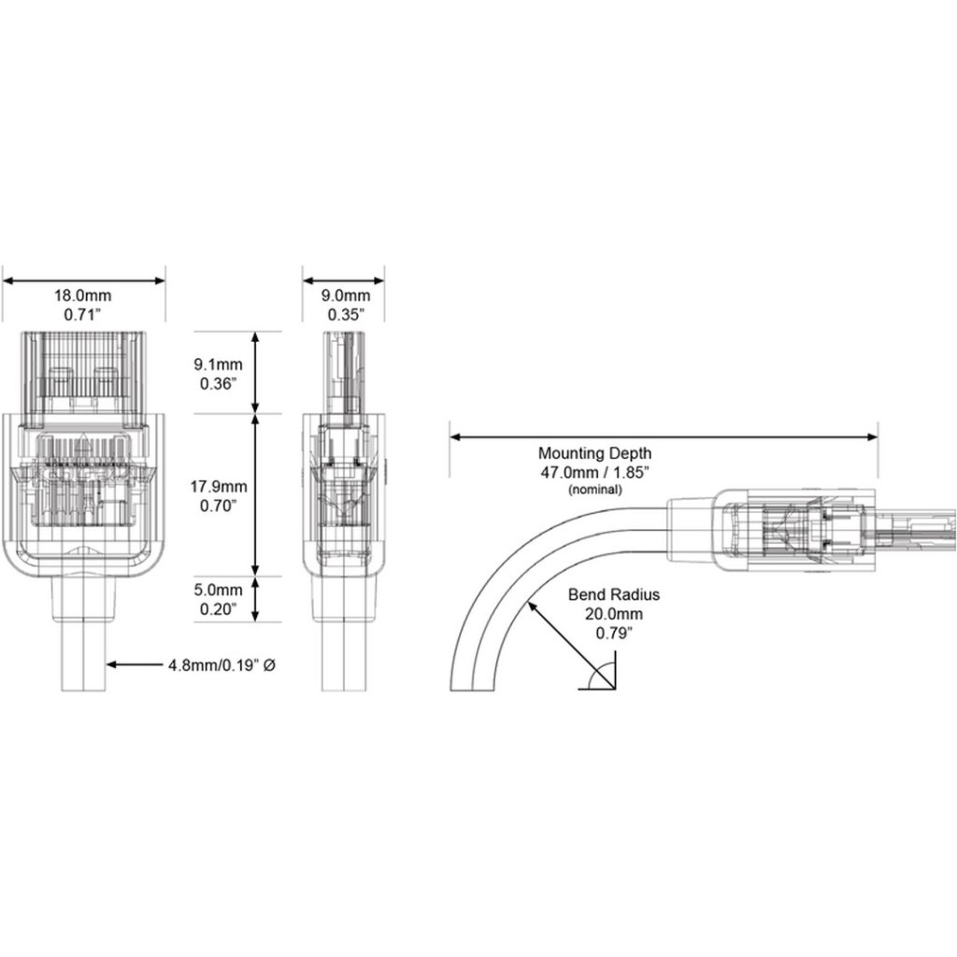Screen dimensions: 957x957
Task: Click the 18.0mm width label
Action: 83,296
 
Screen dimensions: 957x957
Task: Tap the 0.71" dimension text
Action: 82,315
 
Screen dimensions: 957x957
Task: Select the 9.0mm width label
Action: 346,296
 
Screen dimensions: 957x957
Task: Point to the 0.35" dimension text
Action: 346,315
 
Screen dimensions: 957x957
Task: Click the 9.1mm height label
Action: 218,364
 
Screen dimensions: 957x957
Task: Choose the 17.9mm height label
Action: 218,486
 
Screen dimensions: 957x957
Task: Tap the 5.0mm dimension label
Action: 218,591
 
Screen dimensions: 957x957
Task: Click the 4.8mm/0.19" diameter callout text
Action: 221,664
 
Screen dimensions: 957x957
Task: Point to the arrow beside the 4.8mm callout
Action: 135,664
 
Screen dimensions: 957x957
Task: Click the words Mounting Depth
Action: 594,453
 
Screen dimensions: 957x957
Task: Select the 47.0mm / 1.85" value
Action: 594,472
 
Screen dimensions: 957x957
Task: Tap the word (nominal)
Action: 595,490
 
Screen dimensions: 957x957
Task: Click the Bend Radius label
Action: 614,594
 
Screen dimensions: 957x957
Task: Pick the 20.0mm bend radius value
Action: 614,614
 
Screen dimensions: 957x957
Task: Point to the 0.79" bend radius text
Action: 614,633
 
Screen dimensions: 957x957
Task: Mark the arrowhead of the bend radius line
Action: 532,606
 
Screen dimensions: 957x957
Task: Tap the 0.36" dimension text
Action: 218,383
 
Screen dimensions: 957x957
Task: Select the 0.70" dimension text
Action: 218,506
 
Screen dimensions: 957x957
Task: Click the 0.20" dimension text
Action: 218,609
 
